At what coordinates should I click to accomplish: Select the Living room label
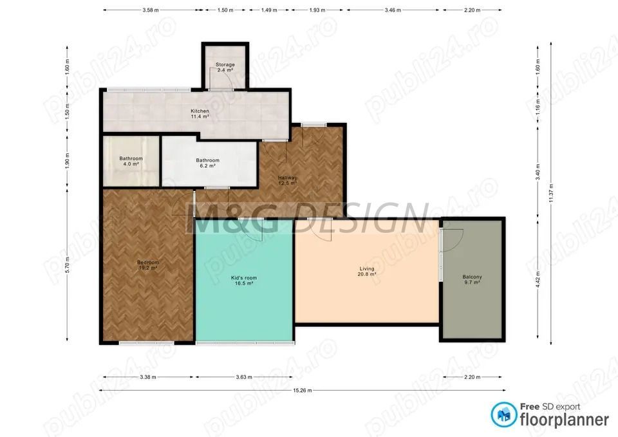[367, 272]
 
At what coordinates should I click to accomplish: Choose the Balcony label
[472, 279]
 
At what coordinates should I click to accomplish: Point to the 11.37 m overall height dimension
[551, 192]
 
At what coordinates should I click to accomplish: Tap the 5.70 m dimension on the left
[67, 265]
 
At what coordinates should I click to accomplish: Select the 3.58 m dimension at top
[150, 11]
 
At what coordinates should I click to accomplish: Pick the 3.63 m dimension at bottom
[244, 377]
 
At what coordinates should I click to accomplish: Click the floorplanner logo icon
[504, 414]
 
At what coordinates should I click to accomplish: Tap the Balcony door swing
[453, 239]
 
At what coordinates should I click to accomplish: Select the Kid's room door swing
[253, 230]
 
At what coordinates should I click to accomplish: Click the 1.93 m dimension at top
[317, 11]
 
